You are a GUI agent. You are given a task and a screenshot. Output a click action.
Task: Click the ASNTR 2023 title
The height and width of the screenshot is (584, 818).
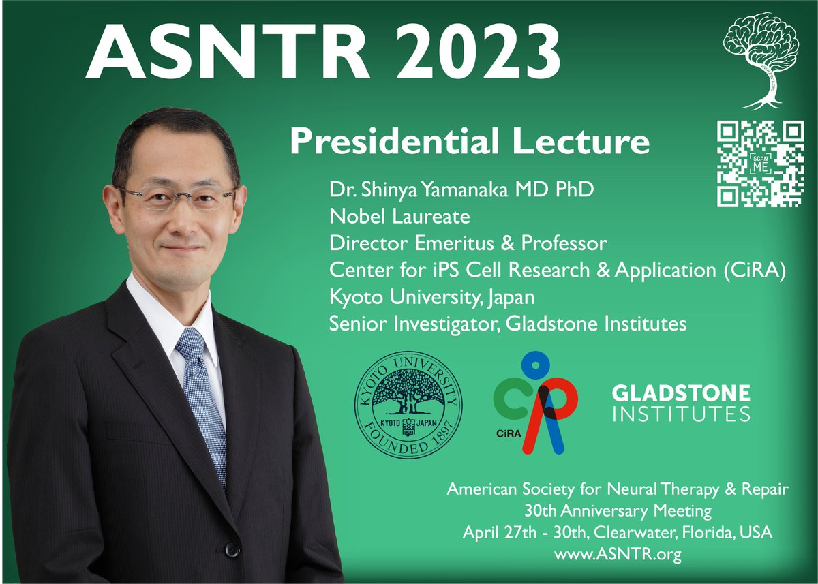click(x=323, y=52)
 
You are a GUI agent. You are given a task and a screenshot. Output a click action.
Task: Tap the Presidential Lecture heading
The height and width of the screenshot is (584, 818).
click(x=469, y=142)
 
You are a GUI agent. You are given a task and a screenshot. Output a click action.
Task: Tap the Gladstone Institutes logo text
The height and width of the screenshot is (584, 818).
click(x=681, y=403)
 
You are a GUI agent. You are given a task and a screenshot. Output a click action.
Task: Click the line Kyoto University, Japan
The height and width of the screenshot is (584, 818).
click(x=431, y=297)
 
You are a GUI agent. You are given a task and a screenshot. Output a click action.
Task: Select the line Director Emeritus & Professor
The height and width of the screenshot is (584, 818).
click(x=468, y=243)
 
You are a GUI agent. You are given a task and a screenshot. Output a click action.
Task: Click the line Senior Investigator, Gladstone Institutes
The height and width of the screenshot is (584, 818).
click(x=508, y=324)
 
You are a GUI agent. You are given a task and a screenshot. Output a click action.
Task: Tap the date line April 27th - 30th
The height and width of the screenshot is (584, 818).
click(x=618, y=532)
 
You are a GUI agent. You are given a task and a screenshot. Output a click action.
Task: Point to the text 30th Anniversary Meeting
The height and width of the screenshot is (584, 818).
click(x=618, y=510)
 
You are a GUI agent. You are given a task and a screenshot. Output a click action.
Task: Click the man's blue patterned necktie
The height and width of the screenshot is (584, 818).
click(x=202, y=395)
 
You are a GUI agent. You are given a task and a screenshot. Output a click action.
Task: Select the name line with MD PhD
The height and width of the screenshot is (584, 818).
click(x=461, y=189)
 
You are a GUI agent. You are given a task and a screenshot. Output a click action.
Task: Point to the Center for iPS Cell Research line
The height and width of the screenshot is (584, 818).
click(x=558, y=270)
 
